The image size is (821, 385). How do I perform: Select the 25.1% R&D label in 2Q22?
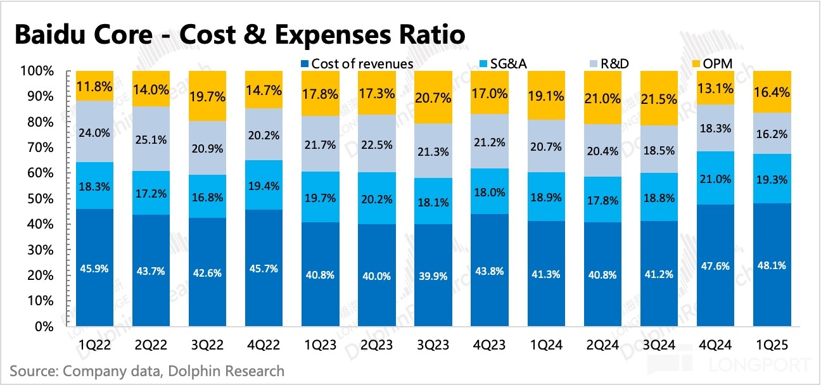(151, 139)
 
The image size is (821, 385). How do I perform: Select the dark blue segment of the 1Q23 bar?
(321, 291)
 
